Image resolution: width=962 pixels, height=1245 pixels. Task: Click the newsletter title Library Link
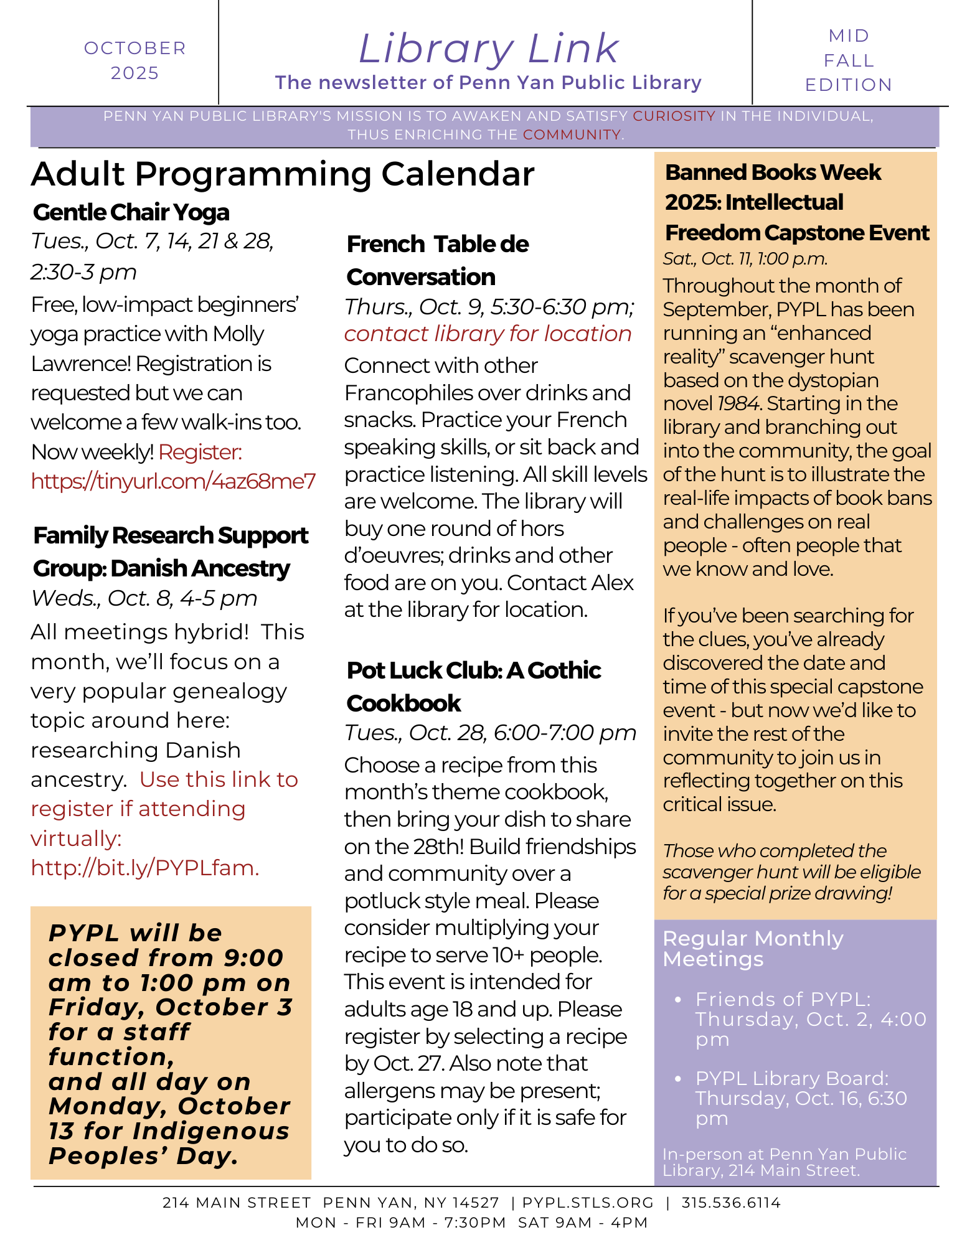[x=489, y=49]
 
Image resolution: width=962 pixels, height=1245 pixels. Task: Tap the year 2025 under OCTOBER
[x=134, y=73]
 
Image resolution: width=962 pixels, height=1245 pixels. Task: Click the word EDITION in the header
[x=849, y=85]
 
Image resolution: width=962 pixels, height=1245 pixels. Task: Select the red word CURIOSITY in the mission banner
[x=674, y=116]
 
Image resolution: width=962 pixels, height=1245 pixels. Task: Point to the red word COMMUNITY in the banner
[x=572, y=134]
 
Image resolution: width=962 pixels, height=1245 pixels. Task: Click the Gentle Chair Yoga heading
[x=131, y=212]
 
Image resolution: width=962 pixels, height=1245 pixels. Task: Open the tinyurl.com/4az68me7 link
[x=174, y=481]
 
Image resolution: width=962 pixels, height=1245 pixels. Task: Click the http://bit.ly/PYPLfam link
[x=144, y=868]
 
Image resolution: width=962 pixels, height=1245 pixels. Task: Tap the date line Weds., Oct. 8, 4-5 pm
[x=144, y=598]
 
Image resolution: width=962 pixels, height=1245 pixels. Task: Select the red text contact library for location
[x=488, y=334]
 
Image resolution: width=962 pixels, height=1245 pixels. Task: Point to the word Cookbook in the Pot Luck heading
[x=403, y=703]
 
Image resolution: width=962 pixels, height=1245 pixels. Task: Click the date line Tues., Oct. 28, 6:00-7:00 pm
[x=490, y=733]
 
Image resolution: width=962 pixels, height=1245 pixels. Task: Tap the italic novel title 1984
[x=737, y=404]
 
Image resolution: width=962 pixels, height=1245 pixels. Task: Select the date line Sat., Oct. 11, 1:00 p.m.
[x=745, y=259]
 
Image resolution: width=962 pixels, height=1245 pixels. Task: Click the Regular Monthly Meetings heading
[x=753, y=948]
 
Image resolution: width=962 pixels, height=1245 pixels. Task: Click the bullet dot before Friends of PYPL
[x=678, y=999]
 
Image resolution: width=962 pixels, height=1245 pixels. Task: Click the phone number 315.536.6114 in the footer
[x=731, y=1203]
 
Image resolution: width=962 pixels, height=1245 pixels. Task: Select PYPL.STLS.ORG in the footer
[x=588, y=1203]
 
